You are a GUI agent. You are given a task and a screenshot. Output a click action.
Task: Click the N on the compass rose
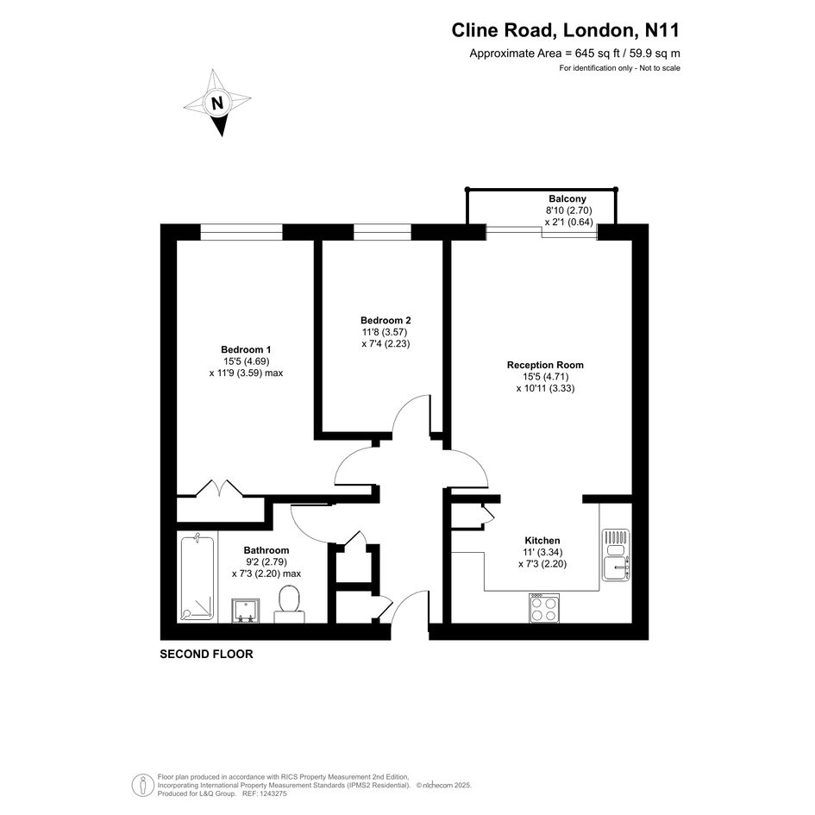pos(217,103)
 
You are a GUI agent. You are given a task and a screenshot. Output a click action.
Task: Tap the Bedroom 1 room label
pos(246,349)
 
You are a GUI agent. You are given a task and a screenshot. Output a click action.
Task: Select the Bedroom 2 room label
pos(386,320)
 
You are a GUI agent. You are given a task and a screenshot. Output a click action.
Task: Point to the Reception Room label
pos(545,365)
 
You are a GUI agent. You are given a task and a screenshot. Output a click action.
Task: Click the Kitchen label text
pos(542,541)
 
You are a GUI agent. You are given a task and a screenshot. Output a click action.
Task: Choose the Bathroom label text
pos(266,550)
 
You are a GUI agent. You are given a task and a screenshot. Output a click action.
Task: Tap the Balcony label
pos(567,198)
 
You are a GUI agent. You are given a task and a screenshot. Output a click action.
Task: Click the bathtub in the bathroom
pos(197,578)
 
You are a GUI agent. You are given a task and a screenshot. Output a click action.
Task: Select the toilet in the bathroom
pos(289,604)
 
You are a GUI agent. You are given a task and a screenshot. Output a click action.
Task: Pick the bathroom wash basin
pos(245,611)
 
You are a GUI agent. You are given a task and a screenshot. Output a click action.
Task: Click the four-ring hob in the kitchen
pos(544,608)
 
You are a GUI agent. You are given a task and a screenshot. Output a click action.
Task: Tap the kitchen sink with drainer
pos(616,555)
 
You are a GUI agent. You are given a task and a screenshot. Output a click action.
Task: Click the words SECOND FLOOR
pos(206,654)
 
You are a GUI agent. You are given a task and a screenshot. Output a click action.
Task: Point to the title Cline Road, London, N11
pos(565,30)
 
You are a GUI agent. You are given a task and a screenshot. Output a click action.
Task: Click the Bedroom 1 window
pos(241,232)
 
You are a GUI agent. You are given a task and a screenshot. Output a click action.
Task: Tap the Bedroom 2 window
pos(382,232)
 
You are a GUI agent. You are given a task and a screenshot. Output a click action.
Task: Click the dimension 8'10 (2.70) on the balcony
pos(568,210)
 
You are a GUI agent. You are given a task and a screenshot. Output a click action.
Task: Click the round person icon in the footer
pos(142,785)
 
